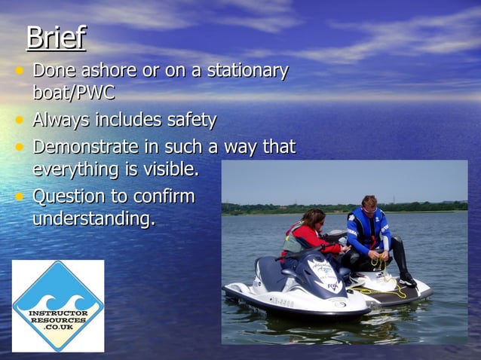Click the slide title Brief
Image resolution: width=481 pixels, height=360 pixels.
tap(56, 38)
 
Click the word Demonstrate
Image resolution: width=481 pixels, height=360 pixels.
tap(85, 146)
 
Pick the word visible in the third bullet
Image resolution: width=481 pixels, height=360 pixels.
tap(172, 170)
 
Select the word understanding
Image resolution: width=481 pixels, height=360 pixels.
tap(93, 220)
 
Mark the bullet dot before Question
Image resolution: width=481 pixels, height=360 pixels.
tap(20, 197)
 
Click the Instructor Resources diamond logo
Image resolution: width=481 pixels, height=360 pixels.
tap(58, 306)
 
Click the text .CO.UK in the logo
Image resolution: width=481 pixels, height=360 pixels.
tap(58, 328)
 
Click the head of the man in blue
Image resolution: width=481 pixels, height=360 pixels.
tap(369, 203)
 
